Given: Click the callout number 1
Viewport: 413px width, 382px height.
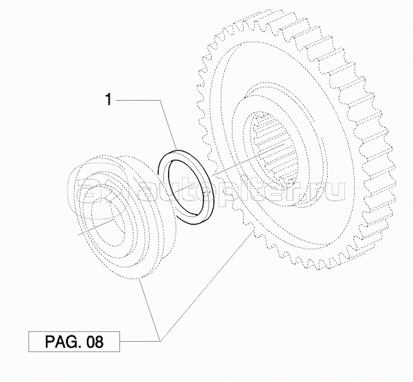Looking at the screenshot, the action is [108, 100].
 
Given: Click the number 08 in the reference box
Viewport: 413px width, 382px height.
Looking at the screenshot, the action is [94, 342].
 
